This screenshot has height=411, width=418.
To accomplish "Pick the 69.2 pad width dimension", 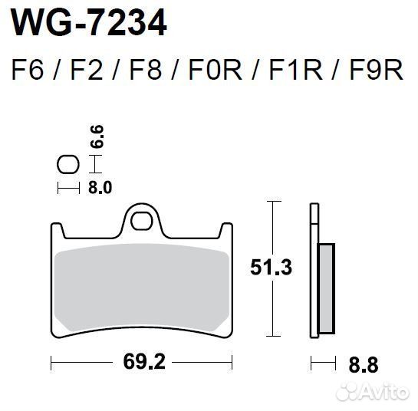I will (x=141, y=361).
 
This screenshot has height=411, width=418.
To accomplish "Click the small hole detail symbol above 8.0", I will (x=68, y=164).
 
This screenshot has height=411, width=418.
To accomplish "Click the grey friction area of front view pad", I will (x=141, y=288).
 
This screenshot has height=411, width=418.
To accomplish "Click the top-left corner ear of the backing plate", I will (x=57, y=229).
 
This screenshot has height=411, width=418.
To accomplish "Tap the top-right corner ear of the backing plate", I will (x=226, y=229).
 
